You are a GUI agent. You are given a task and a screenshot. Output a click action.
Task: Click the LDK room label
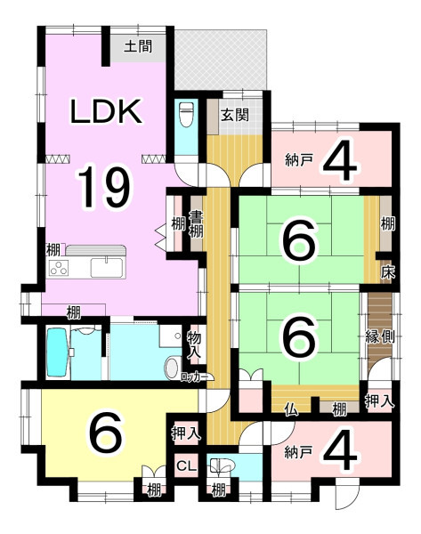coord(106,111)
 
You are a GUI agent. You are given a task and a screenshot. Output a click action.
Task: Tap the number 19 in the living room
coord(104,187)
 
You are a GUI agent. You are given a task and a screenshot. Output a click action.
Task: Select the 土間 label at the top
coord(138,46)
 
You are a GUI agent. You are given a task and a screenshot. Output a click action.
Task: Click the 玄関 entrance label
coord(235,115)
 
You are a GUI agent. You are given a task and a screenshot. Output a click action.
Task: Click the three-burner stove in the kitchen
coord(59,268)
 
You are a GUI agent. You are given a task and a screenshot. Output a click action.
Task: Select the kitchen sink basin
coord(107,268)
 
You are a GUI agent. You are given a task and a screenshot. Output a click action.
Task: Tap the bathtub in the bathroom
coord(57,352)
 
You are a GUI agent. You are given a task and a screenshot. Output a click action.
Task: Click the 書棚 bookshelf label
coord(196,223)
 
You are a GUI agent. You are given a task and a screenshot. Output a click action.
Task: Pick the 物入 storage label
coord(194,345)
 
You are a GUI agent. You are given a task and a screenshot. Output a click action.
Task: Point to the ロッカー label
coord(194,377)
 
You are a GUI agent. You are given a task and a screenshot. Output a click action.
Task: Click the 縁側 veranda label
coord(380,336)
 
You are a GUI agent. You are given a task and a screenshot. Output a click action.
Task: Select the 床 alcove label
coord(387,272)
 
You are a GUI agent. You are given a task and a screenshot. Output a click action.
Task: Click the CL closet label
coord(186,465)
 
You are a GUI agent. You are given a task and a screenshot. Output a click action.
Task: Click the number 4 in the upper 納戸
coord(340,159)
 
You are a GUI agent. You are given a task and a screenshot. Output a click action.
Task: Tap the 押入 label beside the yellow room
coord(186,434)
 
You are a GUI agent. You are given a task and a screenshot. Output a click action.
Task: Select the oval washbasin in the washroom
coord(173,368)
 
